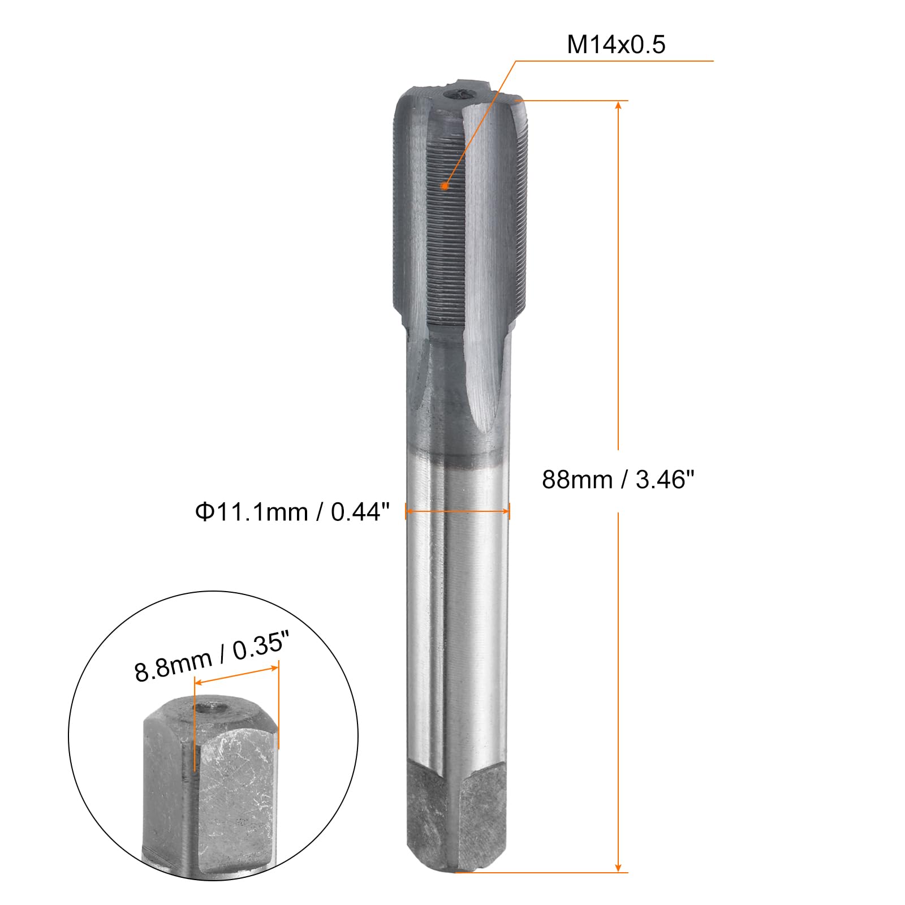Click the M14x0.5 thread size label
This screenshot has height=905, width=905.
pyautogui.click(x=616, y=44)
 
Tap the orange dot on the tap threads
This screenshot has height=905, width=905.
pyautogui.click(x=445, y=186)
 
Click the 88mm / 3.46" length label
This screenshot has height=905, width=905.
pyautogui.click(x=618, y=480)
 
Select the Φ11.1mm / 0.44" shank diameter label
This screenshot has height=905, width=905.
pyautogui.click(x=292, y=512)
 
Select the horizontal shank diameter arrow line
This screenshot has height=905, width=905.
pyautogui.click(x=458, y=511)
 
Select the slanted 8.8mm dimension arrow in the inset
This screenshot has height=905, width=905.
pyautogui.click(x=236, y=675)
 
